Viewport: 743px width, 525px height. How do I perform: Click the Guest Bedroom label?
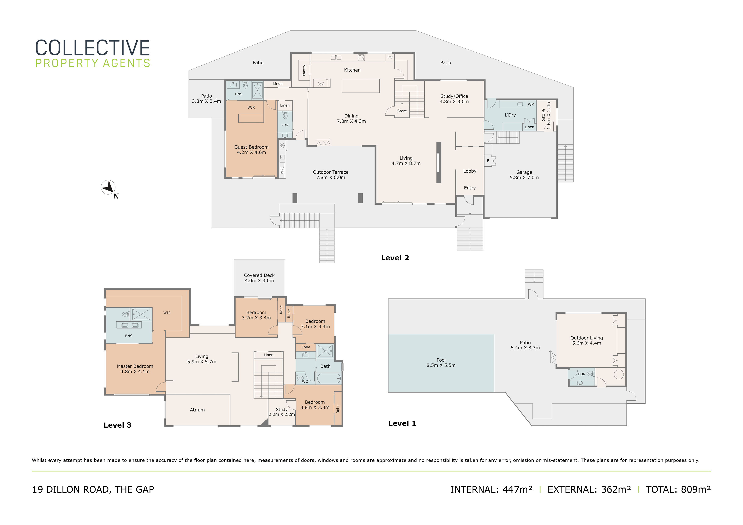pyautogui.click(x=251, y=150)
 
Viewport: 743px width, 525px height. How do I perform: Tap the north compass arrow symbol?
pyautogui.click(x=108, y=187)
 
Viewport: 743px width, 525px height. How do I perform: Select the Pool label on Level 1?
pyautogui.click(x=441, y=363)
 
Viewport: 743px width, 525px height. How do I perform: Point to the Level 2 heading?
pyautogui.click(x=395, y=258)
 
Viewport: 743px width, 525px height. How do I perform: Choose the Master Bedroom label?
pyautogui.click(x=135, y=369)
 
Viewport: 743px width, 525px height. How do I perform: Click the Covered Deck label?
pyautogui.click(x=259, y=278)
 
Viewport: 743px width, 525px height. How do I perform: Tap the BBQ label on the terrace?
pyautogui.click(x=282, y=170)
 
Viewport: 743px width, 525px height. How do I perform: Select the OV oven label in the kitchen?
pyautogui.click(x=390, y=57)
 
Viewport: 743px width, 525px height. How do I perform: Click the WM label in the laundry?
pyautogui.click(x=531, y=105)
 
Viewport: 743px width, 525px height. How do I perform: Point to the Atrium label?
pyautogui.click(x=197, y=410)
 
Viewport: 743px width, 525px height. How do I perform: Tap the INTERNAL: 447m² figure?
pyautogui.click(x=491, y=489)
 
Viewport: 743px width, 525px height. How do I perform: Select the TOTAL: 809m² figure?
pyautogui.click(x=678, y=489)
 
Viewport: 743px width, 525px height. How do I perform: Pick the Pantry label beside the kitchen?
pyautogui.click(x=304, y=70)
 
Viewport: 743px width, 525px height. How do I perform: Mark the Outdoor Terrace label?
pyautogui.click(x=330, y=175)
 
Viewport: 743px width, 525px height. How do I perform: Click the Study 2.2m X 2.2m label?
pyautogui.click(x=281, y=412)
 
